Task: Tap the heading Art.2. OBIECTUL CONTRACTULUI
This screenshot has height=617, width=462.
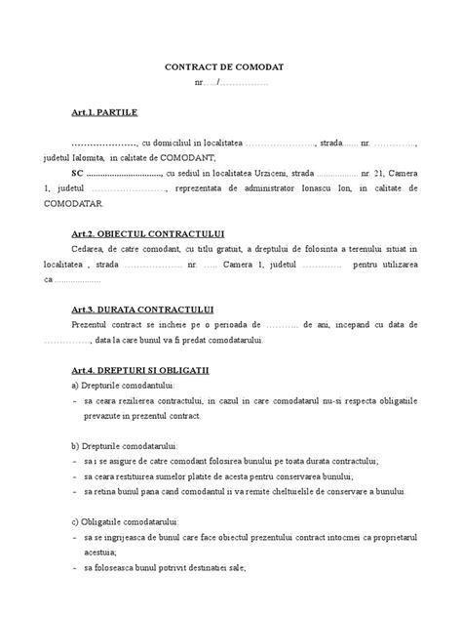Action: point(147,234)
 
